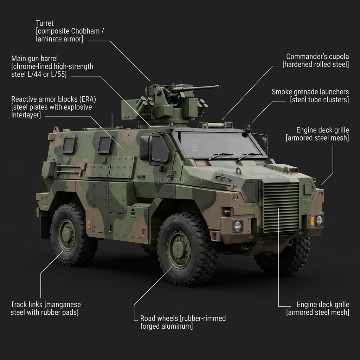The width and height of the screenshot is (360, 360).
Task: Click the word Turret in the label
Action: pos(45,23)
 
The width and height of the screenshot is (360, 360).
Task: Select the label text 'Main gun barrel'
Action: pos(34,58)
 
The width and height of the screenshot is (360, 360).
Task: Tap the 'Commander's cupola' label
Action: pos(317,57)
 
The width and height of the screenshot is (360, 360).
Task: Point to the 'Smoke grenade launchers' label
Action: pos(310,92)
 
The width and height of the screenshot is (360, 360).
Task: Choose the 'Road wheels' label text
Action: pos(159,318)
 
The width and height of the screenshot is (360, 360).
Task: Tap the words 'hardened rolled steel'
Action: pos(316,64)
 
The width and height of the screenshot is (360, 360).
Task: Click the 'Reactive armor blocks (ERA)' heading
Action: pos(53,99)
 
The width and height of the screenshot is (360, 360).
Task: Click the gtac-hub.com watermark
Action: pos(180,180)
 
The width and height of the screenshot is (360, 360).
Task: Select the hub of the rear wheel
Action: pos(66,234)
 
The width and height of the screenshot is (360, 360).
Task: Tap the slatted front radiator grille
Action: pos(281,208)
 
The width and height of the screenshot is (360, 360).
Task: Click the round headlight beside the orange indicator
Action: pos(319,220)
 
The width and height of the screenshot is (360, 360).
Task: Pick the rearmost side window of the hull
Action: pos(69,145)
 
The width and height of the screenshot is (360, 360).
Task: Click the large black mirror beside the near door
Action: pos(145,148)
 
